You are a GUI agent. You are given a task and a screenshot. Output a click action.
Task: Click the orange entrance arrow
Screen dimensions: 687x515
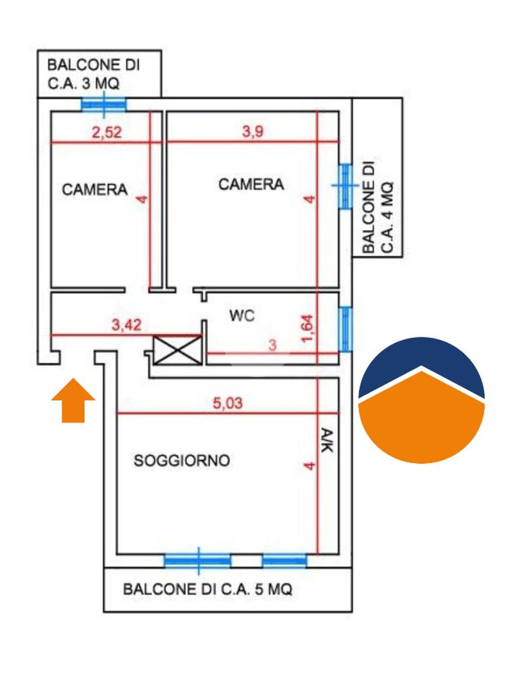click(x=73, y=401)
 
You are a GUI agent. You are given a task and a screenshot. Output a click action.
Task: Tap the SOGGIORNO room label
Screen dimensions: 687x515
click(x=182, y=461)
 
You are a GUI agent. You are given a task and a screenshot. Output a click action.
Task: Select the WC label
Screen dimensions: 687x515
click(x=241, y=315)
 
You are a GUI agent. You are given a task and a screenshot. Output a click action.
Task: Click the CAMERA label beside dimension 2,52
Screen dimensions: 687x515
click(x=95, y=189)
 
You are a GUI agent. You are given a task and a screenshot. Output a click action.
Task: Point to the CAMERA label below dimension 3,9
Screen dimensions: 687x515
click(x=251, y=184)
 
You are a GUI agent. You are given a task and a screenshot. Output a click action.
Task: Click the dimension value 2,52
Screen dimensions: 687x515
click(x=107, y=132)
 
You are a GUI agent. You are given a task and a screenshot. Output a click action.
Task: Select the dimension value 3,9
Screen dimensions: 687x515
click(x=253, y=131)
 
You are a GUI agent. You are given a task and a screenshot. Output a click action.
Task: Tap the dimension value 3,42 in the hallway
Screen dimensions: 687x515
click(x=126, y=326)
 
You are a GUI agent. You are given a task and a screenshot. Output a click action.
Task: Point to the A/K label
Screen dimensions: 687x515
click(x=327, y=441)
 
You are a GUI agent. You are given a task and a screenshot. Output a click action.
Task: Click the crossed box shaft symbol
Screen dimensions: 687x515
click(x=177, y=350)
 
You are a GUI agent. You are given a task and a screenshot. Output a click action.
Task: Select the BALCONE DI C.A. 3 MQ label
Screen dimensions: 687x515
click(x=93, y=74)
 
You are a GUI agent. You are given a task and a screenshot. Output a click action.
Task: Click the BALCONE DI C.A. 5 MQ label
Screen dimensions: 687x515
click(x=207, y=590)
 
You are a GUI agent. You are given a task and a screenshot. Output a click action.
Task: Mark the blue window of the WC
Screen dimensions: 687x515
click(x=345, y=329)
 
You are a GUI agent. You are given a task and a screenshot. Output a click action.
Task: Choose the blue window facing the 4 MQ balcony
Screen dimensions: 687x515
click(x=345, y=186)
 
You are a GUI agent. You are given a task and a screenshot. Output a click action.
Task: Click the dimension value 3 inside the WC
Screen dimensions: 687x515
click(x=272, y=346)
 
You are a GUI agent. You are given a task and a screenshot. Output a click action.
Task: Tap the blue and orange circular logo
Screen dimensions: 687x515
click(x=421, y=400)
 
